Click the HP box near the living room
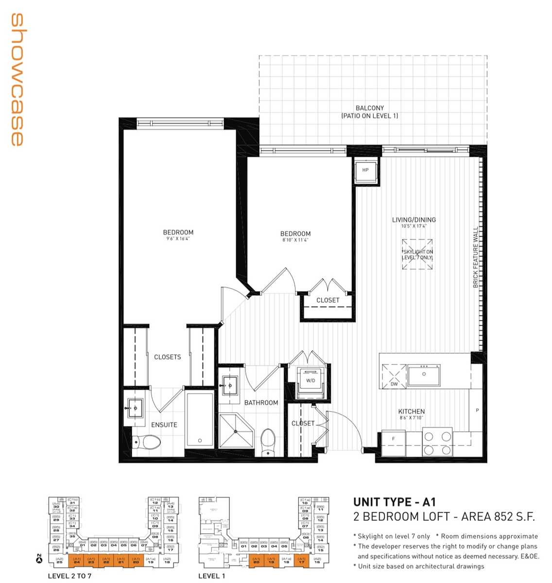pos(365,170)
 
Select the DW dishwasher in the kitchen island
pos(394,376)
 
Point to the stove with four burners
pos(437,443)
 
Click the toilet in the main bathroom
pos(268,442)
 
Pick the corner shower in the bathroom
pos(236,430)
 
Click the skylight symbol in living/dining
pos(417,255)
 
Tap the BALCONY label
pos(369,108)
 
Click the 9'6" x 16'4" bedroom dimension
pos(178,239)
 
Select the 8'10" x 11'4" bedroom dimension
pos(295,240)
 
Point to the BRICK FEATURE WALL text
pos(476,257)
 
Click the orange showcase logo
pos(17,80)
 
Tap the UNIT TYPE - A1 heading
pos(394,502)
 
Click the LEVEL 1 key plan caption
pos(211,576)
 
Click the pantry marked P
pos(477,411)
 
